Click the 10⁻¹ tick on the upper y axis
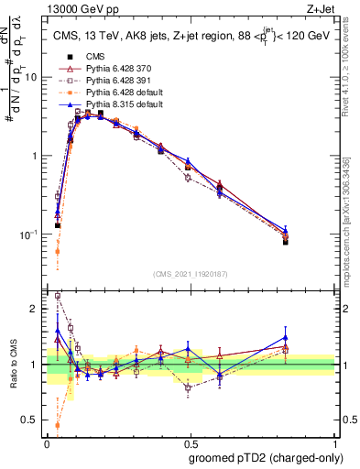point(29,234)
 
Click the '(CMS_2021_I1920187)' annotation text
point(190,274)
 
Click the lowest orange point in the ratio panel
point(58,425)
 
